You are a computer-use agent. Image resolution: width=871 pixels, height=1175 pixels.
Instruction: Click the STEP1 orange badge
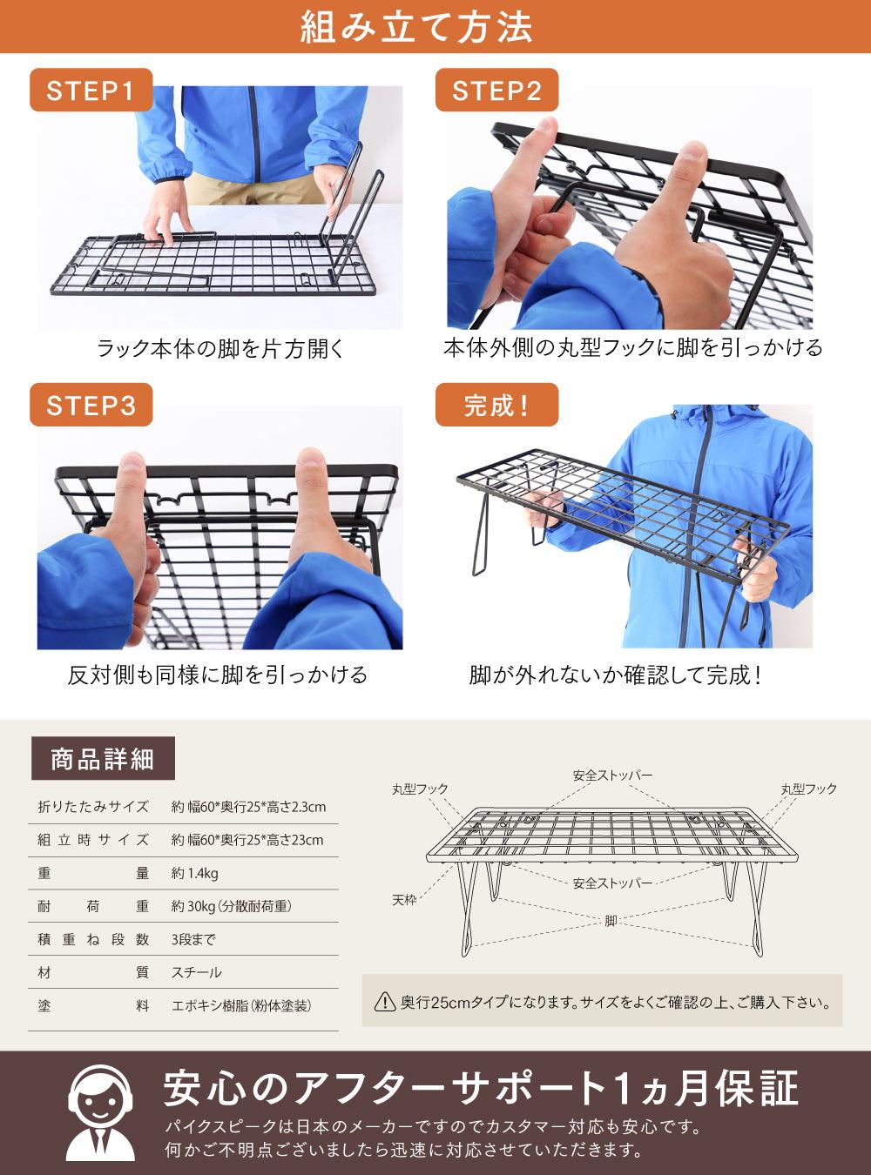click(91, 91)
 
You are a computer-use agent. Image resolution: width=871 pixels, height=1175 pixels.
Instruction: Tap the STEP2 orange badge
click(496, 91)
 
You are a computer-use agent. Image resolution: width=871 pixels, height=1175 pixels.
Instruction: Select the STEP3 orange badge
click(91, 406)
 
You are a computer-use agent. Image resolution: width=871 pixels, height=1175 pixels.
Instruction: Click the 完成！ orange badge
click(496, 406)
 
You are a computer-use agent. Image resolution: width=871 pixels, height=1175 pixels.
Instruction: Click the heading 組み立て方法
click(416, 27)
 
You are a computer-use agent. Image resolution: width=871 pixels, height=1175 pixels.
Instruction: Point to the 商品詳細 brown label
click(103, 759)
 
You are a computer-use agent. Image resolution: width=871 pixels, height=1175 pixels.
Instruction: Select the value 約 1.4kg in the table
click(195, 873)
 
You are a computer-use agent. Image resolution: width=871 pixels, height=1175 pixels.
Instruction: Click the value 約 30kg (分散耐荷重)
click(232, 906)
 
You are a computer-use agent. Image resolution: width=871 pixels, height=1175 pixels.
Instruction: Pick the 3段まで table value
click(193, 939)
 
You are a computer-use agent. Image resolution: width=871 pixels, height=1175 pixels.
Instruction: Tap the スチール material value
click(197, 972)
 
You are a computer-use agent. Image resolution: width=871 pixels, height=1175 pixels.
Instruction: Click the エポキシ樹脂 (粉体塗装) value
click(242, 1005)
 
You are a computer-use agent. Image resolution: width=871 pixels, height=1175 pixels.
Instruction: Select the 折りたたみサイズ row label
click(93, 807)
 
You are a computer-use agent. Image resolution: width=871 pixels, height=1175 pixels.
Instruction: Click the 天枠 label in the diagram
click(404, 899)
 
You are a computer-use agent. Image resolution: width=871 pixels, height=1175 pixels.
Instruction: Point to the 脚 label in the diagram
click(611, 921)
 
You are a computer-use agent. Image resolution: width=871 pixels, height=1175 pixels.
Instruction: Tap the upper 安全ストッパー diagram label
click(612, 775)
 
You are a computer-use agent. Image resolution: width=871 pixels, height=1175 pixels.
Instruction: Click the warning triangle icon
click(384, 1003)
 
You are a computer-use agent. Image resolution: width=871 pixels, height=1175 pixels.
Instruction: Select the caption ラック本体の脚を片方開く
click(220, 349)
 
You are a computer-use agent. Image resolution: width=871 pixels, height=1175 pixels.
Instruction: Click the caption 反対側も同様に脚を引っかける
click(218, 675)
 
